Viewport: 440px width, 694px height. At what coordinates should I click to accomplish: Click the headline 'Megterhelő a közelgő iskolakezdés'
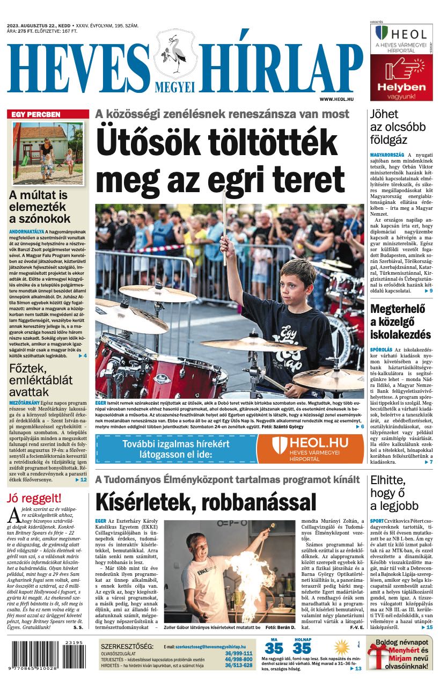coord(400,322)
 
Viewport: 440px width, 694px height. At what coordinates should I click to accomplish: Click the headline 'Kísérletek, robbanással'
coord(206,502)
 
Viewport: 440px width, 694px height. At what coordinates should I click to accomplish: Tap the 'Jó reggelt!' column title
coord(34,498)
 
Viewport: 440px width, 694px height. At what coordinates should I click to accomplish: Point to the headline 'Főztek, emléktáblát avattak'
coord(41,380)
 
